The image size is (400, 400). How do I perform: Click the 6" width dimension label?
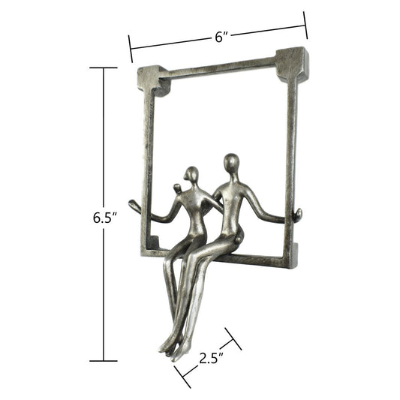point(221,36)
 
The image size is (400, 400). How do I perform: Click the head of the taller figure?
point(232,163)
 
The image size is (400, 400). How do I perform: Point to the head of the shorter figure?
point(193,175)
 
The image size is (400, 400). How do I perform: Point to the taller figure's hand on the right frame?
point(297,215)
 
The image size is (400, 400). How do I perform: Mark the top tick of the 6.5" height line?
point(103,68)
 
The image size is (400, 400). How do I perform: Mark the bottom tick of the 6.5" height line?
point(103,361)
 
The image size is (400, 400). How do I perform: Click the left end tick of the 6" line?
point(131,50)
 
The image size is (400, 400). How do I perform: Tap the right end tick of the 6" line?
point(305,25)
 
